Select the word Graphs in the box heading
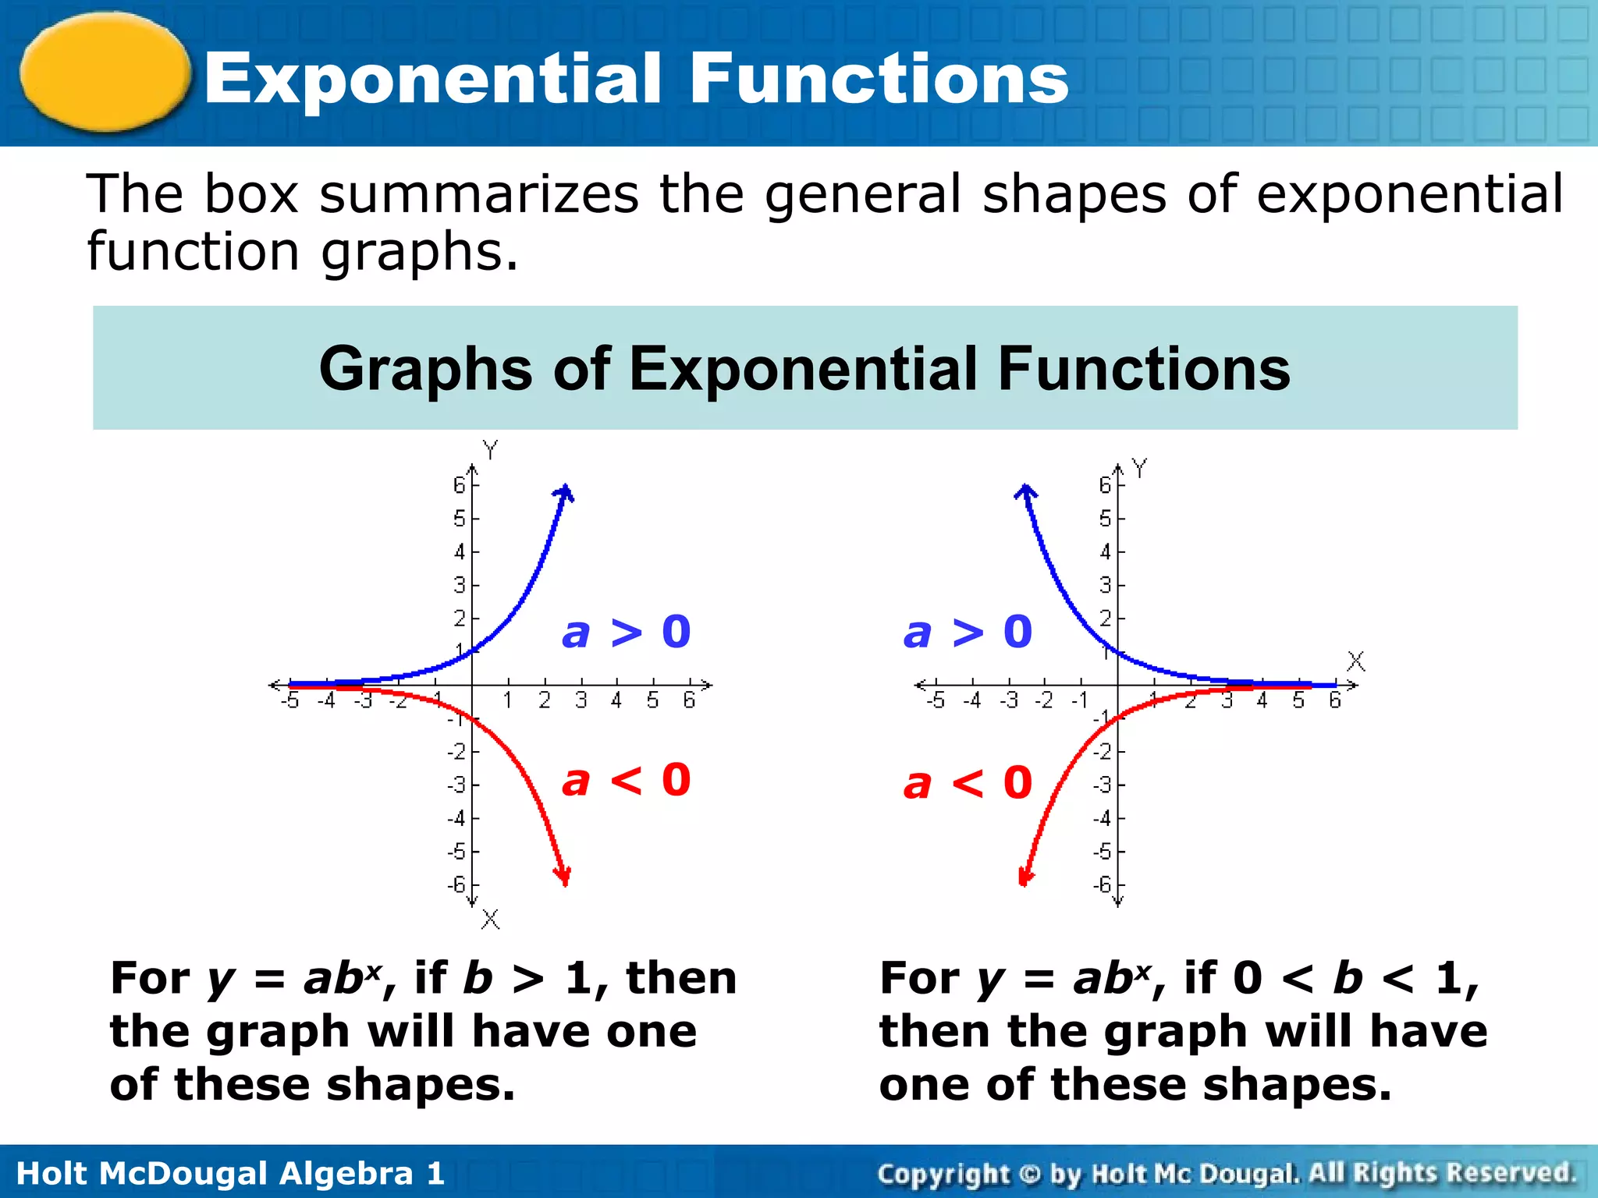pos(425,369)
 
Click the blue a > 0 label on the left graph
pos(627,632)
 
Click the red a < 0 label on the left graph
pos(627,781)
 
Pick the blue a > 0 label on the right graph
pos(968,632)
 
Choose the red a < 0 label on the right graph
pos(968,783)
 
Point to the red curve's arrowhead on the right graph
pos(1025,877)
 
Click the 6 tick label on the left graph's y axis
pos(459,485)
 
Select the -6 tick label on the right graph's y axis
pos(1102,884)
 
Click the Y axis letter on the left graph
pos(490,450)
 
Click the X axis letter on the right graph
pos(1356,661)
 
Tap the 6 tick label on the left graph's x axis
pos(689,700)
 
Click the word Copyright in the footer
pos(943,1173)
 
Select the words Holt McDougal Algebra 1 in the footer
pos(230,1173)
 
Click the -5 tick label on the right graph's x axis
pos(936,700)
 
